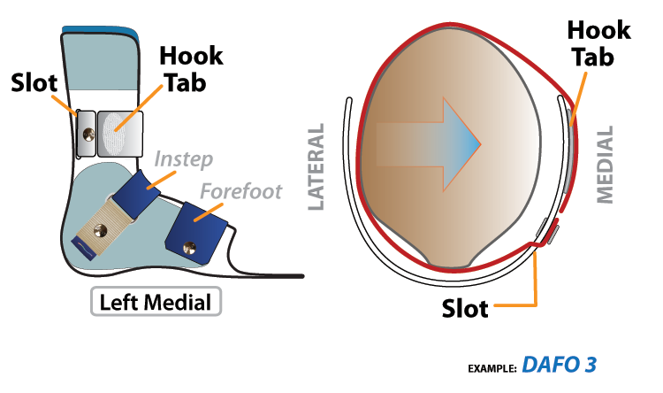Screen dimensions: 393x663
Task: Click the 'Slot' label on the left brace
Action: click(34, 82)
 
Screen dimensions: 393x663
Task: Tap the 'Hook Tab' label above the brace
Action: click(191, 68)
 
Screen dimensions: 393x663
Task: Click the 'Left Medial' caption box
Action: click(156, 302)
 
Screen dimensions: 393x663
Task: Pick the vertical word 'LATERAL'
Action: click(316, 167)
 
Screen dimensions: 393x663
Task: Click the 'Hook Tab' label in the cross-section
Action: click(598, 44)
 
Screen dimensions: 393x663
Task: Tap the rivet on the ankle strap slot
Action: click(88, 133)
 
